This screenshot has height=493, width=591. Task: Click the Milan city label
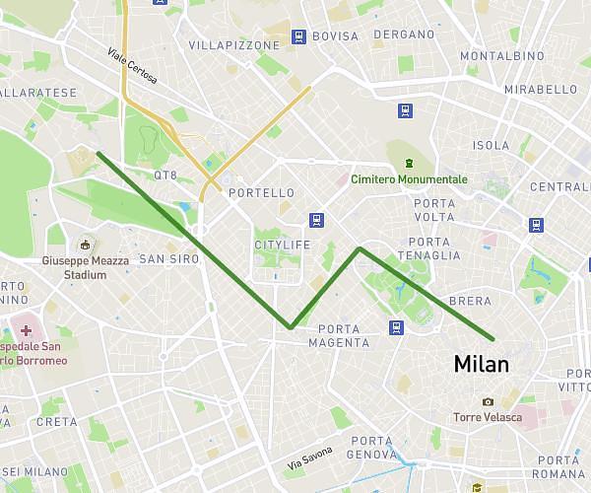click(x=482, y=364)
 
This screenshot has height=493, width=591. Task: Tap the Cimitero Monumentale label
click(x=409, y=179)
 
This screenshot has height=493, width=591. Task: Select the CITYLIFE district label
click(x=282, y=245)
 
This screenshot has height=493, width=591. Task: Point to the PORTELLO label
click(x=261, y=193)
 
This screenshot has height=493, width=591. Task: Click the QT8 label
click(x=164, y=176)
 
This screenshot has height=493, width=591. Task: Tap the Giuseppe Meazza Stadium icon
click(x=86, y=244)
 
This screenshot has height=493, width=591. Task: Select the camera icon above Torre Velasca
click(x=488, y=401)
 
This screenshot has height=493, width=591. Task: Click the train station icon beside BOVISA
click(x=297, y=37)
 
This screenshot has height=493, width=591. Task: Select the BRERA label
click(x=469, y=301)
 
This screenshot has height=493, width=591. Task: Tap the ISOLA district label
click(x=492, y=146)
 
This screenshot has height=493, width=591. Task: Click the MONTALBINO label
click(x=502, y=56)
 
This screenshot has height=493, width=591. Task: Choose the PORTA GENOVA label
click(x=371, y=448)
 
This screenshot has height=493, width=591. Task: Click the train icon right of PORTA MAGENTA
click(x=396, y=327)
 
